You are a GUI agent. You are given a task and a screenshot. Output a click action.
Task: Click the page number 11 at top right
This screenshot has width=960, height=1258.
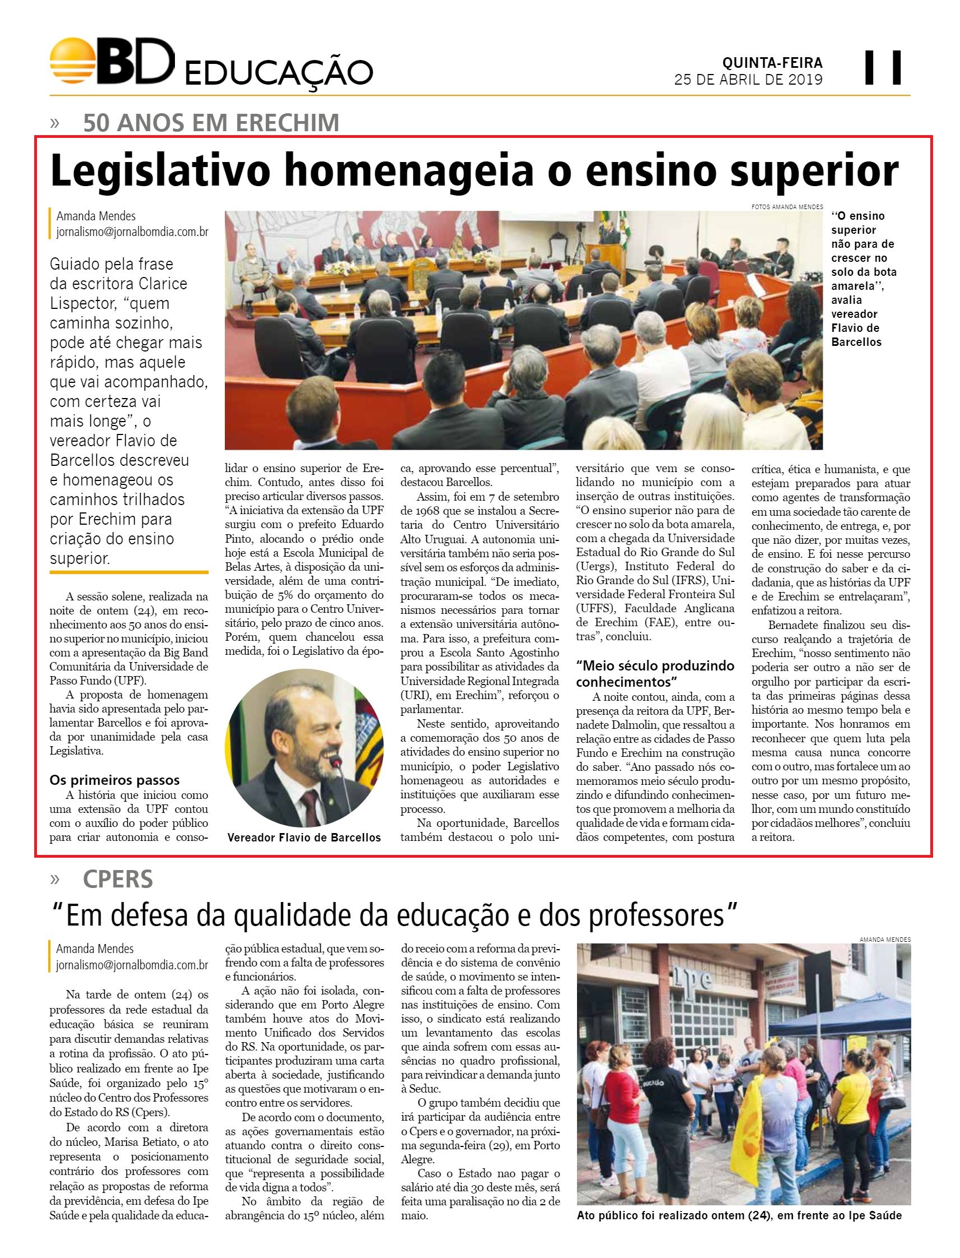[883, 67]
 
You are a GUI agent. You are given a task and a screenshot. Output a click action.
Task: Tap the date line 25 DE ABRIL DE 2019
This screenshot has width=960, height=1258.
[748, 80]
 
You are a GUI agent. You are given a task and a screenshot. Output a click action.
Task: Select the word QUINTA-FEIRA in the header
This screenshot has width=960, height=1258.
[772, 62]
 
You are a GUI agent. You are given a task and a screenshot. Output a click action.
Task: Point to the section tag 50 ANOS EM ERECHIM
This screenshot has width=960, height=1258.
[211, 123]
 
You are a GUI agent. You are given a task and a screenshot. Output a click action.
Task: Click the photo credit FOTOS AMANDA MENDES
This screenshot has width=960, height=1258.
[787, 207]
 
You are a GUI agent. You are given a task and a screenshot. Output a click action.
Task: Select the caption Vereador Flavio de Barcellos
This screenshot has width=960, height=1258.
[304, 838]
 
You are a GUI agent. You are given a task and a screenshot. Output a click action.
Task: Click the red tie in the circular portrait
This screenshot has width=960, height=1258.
[310, 803]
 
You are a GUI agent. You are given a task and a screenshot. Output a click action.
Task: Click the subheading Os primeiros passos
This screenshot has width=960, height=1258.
[114, 780]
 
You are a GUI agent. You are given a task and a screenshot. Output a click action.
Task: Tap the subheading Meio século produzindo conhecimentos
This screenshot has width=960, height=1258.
[655, 673]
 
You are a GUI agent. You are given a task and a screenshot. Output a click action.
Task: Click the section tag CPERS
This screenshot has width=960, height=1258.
[118, 879]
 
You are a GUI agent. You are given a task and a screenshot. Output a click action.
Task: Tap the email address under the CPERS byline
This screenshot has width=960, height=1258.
[131, 965]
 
